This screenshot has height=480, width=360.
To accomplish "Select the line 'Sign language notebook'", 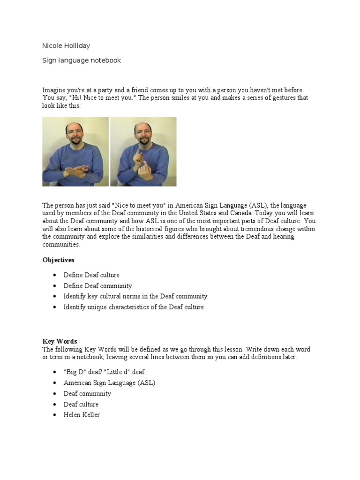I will click(82, 60).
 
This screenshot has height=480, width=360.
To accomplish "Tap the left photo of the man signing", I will click(75, 151).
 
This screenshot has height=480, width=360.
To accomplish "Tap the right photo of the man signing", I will click(143, 151).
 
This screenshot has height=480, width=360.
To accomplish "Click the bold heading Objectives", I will click(58, 260).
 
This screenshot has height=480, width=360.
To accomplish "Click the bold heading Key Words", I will click(60, 341).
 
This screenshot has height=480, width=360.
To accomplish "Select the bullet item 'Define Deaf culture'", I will click(91, 275).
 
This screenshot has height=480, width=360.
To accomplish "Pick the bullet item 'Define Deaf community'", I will click(97, 286).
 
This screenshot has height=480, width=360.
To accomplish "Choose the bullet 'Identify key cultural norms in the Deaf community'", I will click(135, 296).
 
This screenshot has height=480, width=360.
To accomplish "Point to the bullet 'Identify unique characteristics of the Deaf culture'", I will click(134, 307).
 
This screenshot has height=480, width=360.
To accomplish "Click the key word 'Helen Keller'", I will click(82, 415).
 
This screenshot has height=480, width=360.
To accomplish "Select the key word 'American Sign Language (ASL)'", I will click(109, 382).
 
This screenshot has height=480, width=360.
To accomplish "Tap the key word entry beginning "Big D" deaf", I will click(104, 372).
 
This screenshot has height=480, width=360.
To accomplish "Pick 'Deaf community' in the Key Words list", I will click(87, 393).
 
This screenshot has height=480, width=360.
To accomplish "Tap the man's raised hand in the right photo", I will click(140, 157).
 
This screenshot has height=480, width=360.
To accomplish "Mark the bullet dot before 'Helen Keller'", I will click(55, 415).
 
